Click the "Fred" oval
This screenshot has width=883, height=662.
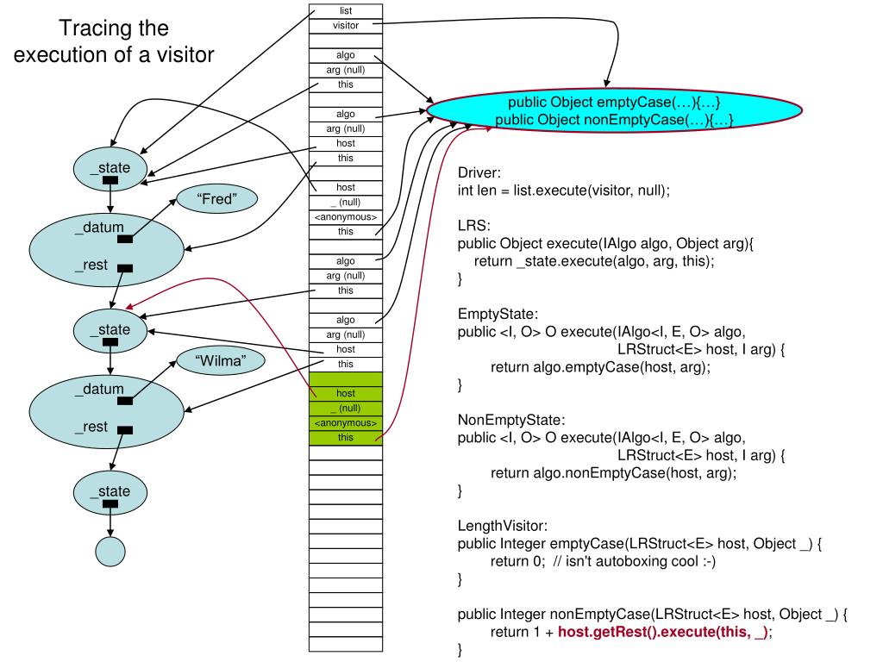(x=217, y=199)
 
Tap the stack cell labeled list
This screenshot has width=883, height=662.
(x=345, y=10)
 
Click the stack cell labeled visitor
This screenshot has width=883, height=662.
(x=345, y=25)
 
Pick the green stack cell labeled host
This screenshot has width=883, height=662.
(x=345, y=393)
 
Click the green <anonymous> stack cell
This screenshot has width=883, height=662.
(x=345, y=423)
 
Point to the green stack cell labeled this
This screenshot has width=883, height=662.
(x=345, y=438)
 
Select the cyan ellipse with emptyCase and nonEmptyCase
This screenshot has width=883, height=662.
(x=614, y=112)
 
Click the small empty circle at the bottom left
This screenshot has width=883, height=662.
(x=110, y=551)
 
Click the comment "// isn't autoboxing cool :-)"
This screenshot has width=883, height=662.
(x=637, y=561)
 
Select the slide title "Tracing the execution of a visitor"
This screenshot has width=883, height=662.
(x=114, y=41)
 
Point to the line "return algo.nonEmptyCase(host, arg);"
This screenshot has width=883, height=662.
(x=614, y=472)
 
